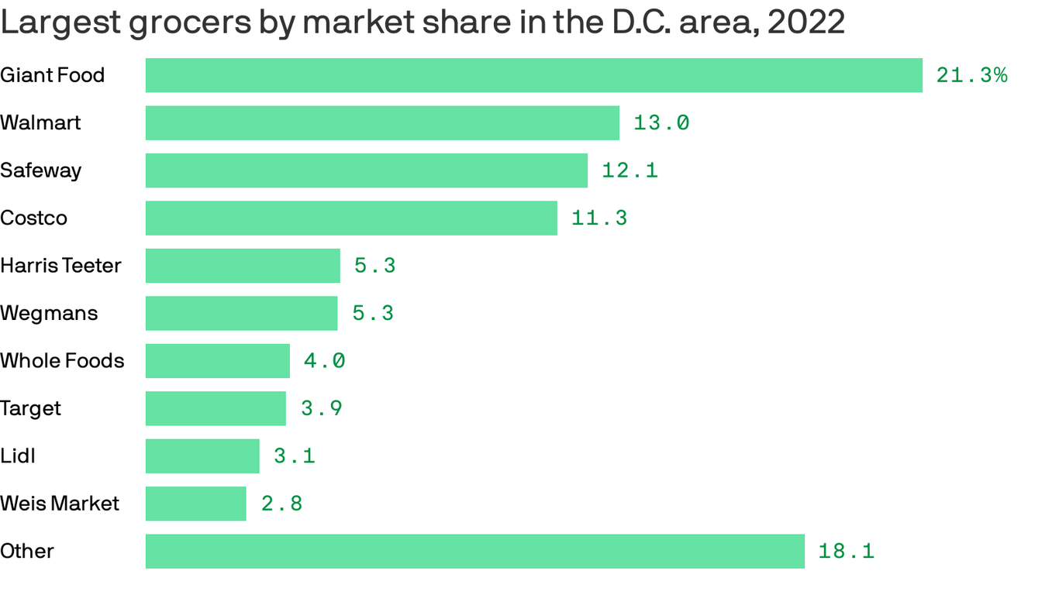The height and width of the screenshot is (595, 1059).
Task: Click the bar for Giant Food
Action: [533, 75]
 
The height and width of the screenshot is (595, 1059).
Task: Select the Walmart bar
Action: [382, 123]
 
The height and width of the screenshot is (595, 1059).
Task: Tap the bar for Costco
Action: [351, 218]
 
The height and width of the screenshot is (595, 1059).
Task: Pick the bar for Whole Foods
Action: [217, 361]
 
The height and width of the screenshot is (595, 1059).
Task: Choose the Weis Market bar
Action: [195, 504]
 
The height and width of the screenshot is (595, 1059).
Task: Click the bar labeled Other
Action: [474, 551]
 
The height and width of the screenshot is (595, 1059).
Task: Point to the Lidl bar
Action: [202, 456]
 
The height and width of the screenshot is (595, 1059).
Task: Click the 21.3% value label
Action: [971, 75]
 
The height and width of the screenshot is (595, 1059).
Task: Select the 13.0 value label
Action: [661, 123]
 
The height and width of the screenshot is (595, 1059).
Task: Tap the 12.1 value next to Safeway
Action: [630, 170]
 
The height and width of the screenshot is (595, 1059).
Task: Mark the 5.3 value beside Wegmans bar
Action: [373, 313]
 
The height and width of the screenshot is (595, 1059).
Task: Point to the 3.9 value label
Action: [321, 408]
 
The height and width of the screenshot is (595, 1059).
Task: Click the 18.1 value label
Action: [846, 551]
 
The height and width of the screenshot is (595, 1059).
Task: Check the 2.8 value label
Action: [281, 504]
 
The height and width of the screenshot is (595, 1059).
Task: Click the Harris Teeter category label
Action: [60, 266]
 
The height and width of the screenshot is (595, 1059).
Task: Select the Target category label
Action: [30, 408]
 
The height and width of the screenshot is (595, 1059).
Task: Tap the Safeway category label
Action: [40, 170]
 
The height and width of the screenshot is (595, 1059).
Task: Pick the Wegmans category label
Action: [49, 313]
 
